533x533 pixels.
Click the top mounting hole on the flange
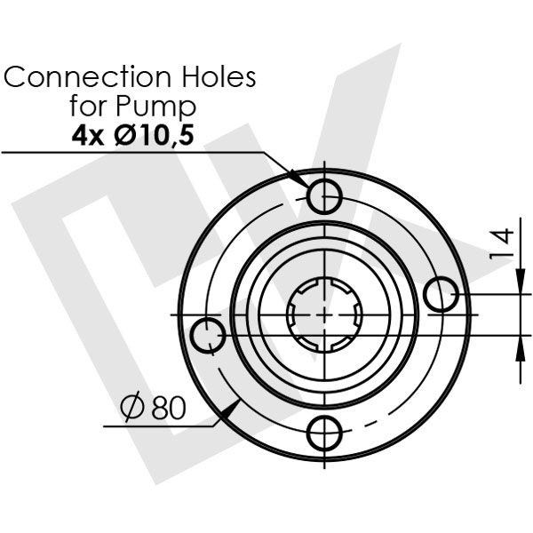click(x=323, y=193)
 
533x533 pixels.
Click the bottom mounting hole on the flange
click(x=324, y=433)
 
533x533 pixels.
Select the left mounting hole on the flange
click(x=211, y=335)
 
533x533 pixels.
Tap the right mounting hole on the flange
click(x=441, y=294)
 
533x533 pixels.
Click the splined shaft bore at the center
click(x=325, y=314)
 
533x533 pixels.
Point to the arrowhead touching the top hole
click(x=301, y=180)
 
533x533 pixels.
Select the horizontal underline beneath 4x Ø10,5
click(x=133, y=153)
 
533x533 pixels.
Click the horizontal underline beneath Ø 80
click(x=160, y=426)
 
